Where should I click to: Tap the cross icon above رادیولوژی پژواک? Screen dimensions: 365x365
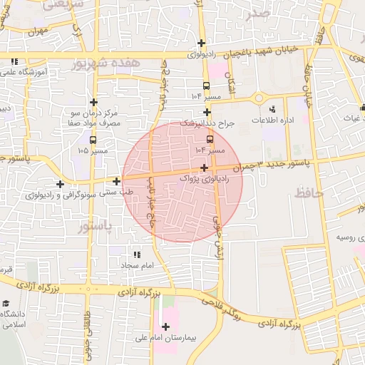pyautogui.click(x=205, y=168)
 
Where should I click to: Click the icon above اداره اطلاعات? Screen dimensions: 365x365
pyautogui.click(x=272, y=109)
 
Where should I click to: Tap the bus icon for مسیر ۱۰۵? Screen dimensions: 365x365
pyautogui.click(x=94, y=139)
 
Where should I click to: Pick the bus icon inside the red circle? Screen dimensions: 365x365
pyautogui.click(x=210, y=140)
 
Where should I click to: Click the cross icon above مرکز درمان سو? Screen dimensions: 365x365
pyautogui.click(x=93, y=102)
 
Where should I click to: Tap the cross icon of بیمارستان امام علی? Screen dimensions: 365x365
pyautogui.click(x=166, y=327)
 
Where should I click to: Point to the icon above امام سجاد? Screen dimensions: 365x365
pyautogui.click(x=136, y=254)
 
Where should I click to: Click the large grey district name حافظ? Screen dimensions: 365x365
pyautogui.click(x=309, y=192)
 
